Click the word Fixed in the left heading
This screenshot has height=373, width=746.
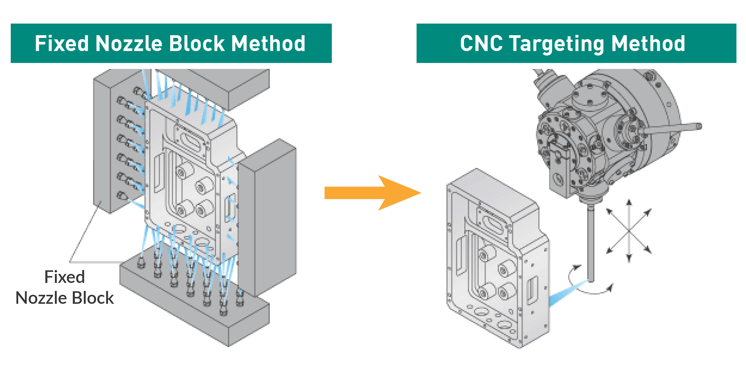pos(61,44)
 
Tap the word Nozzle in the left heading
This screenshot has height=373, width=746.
pos(129,44)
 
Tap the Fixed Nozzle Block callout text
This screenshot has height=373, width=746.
pos(65,287)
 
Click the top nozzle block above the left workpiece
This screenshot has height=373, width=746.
pos(227,87)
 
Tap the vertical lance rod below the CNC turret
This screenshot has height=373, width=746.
pos(591,245)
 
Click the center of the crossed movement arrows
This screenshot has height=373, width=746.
pos(629,231)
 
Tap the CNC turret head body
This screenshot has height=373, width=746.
pos(597,134)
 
